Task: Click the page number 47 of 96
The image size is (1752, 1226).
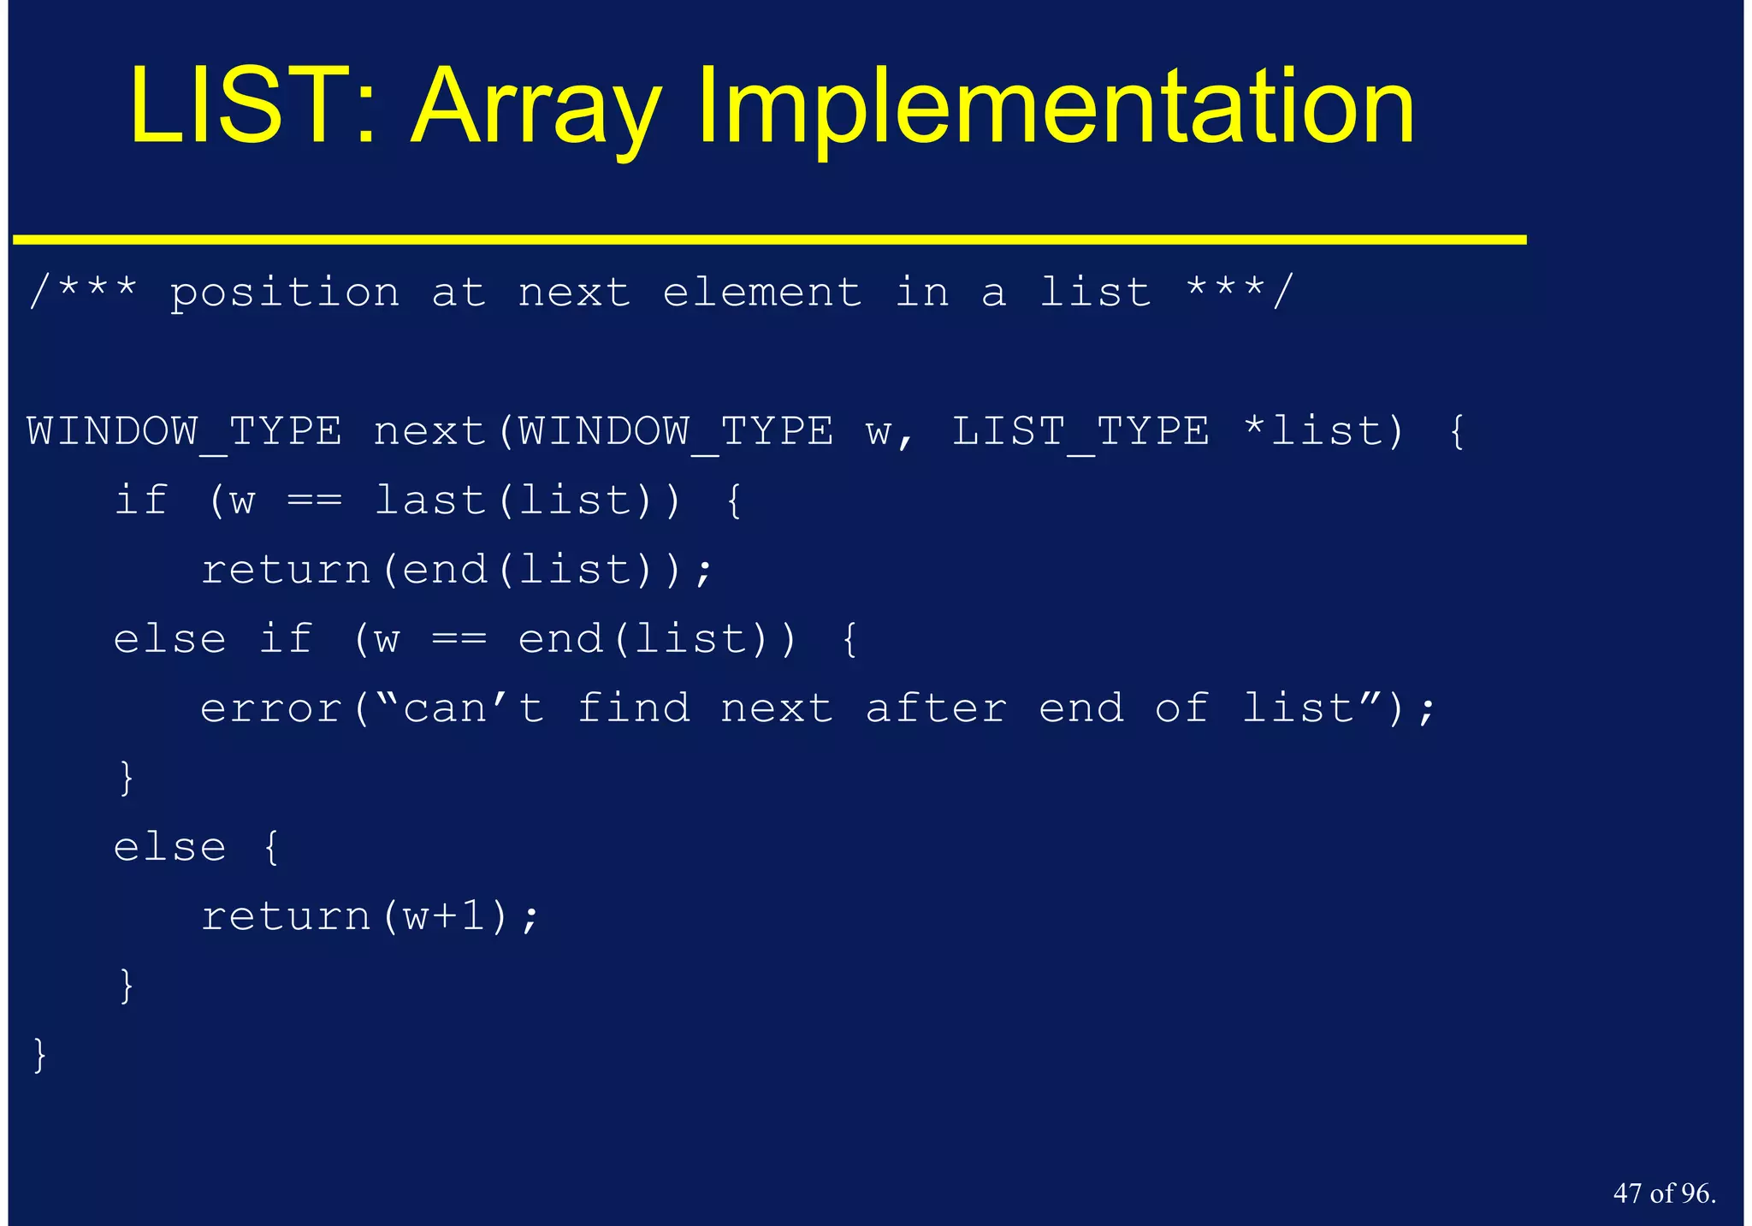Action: [1664, 1193]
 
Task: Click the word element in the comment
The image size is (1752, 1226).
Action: [762, 293]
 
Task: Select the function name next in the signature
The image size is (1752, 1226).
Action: [429, 431]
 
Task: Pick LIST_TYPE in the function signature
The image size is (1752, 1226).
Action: [1081, 431]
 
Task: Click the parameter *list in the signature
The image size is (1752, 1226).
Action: [1323, 431]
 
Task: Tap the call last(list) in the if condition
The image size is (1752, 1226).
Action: [528, 500]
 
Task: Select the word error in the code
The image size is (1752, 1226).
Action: [271, 709]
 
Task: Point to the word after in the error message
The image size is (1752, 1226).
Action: [936, 709]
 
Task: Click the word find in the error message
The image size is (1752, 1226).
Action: [634, 709]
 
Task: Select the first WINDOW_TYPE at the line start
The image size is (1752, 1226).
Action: [185, 431]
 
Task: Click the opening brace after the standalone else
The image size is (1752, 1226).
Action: [271, 848]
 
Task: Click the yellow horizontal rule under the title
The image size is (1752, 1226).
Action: [770, 240]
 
